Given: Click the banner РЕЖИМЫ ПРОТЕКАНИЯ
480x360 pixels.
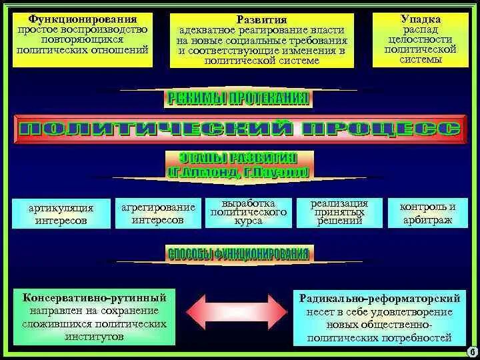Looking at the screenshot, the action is coord(237,99).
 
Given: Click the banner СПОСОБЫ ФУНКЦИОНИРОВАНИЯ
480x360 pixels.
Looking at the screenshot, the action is coord(238,254).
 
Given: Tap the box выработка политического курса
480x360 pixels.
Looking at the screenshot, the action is coord(248,212).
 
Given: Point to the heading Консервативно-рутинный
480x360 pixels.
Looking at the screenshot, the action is coord(94,298).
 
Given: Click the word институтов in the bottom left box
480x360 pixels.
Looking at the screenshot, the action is coord(94,337).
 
